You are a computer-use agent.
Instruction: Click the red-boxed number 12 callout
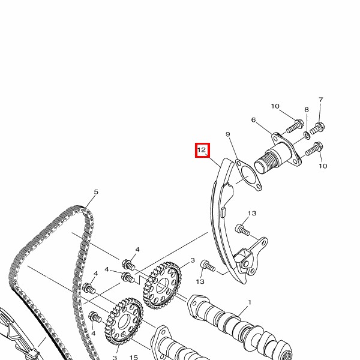[x=202, y=150]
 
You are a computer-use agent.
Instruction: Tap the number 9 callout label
[x=228, y=134]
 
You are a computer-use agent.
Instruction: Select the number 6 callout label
[x=253, y=120]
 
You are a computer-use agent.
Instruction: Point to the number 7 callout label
[x=321, y=100]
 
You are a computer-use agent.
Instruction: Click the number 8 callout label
[x=307, y=110]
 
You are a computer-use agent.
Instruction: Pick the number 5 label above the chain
[x=96, y=192]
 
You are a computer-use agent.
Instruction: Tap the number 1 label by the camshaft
[x=250, y=302]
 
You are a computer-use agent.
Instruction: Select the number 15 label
[x=134, y=357]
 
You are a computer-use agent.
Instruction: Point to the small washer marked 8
[x=307, y=135]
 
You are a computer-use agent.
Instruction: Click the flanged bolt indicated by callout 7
[x=317, y=128]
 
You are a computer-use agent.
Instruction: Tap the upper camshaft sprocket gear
[x=163, y=284]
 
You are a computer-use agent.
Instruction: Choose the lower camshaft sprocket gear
[x=124, y=322]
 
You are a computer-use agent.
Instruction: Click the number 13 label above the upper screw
[x=252, y=213]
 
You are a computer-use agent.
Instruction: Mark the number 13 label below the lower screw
[x=200, y=281]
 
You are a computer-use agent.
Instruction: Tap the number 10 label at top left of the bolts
[x=275, y=106]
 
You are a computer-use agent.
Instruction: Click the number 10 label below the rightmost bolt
[x=323, y=166]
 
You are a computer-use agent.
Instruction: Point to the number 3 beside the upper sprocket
[x=193, y=260]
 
